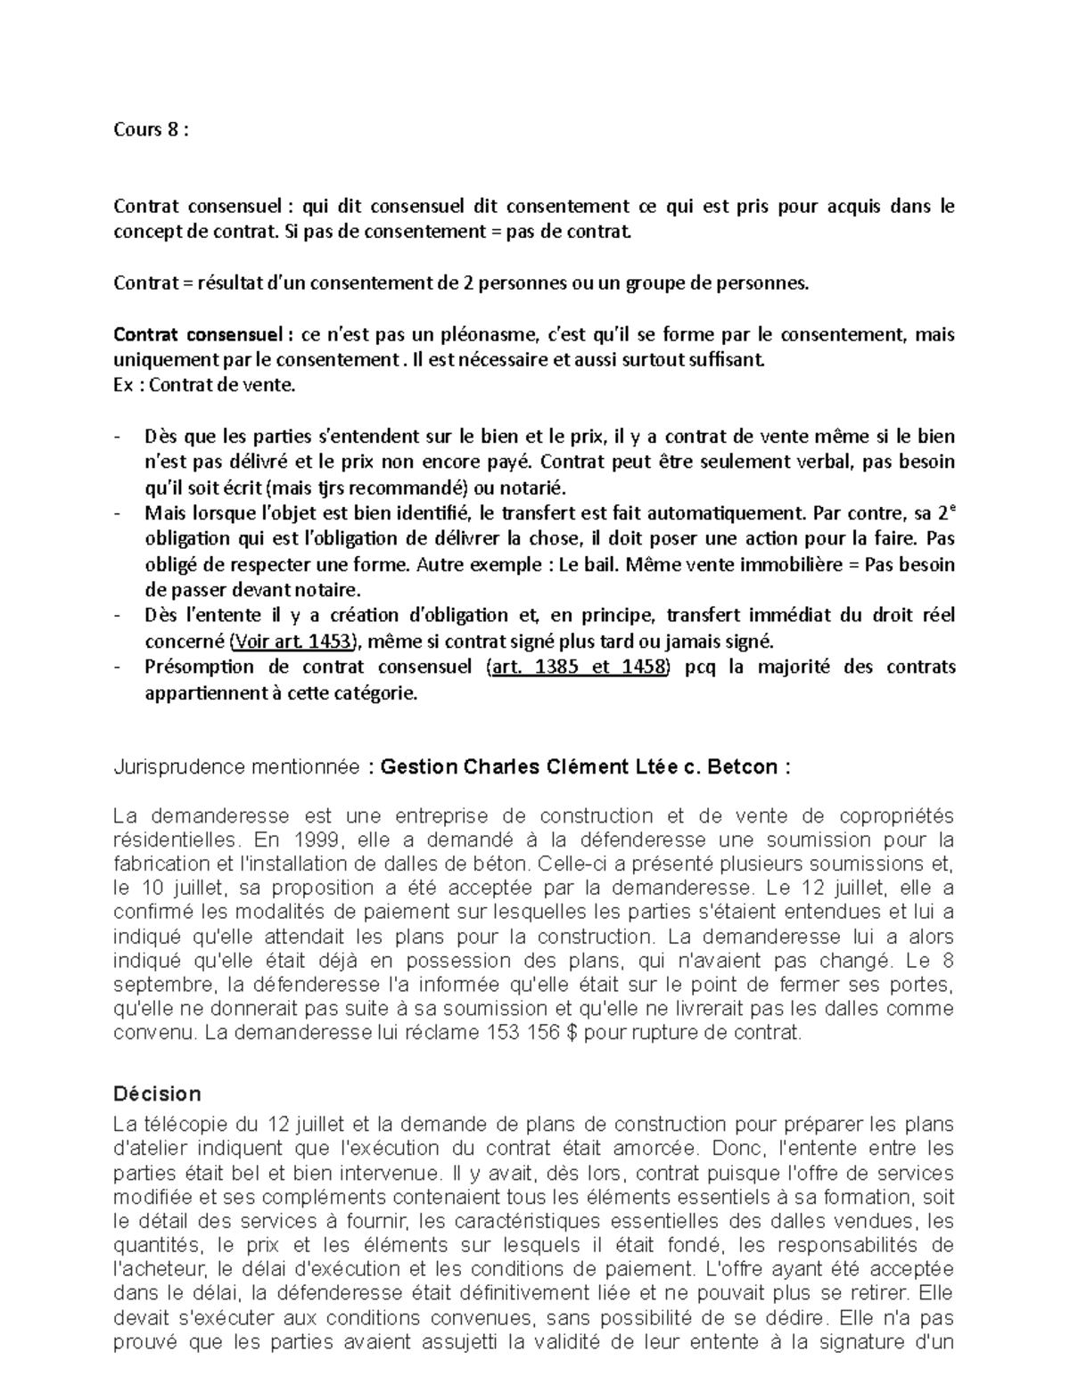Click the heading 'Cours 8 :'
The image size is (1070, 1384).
151,130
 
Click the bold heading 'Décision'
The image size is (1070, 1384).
157,1093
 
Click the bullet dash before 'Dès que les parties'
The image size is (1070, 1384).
119,438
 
